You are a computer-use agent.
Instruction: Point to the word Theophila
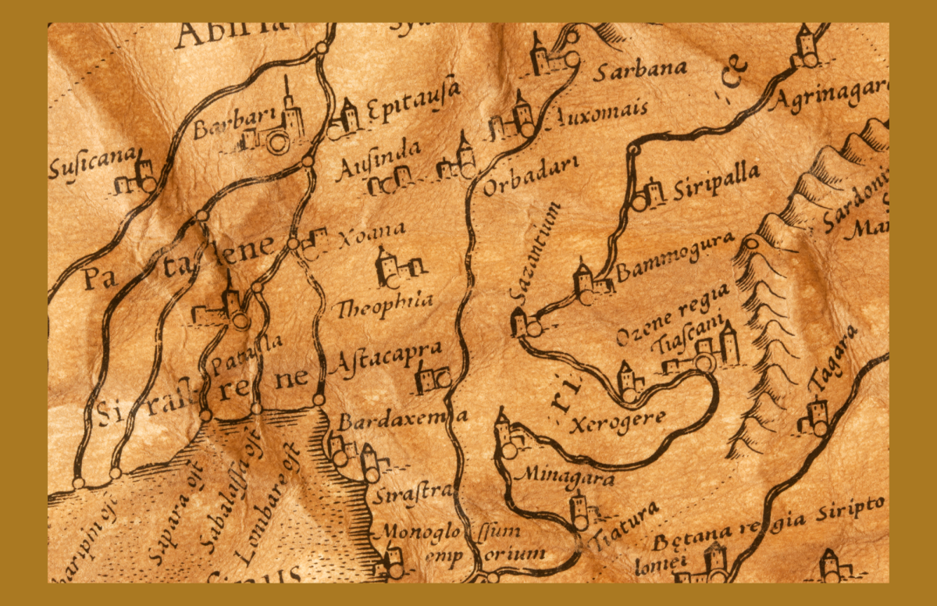coord(384,305)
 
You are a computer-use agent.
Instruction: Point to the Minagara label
coord(565,476)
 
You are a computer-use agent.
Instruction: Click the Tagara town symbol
coord(814,418)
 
